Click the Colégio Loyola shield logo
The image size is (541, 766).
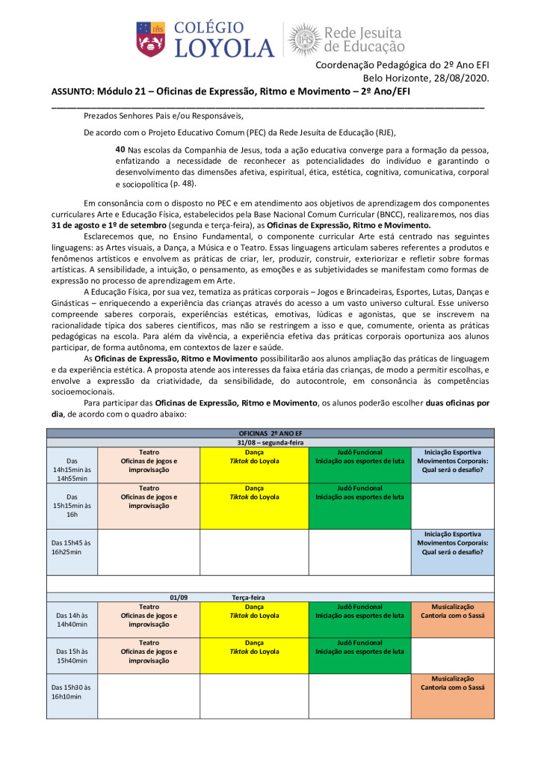point(150,38)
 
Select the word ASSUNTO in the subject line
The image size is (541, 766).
point(72,91)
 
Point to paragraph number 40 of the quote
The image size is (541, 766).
point(120,150)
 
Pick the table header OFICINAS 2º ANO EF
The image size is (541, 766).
point(270,433)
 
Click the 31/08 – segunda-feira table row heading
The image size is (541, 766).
point(270,442)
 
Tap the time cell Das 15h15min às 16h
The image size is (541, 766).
point(72,504)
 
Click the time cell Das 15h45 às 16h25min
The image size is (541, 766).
point(72,547)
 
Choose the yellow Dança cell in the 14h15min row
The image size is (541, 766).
point(254,465)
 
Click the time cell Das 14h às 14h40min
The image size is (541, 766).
point(72,619)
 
